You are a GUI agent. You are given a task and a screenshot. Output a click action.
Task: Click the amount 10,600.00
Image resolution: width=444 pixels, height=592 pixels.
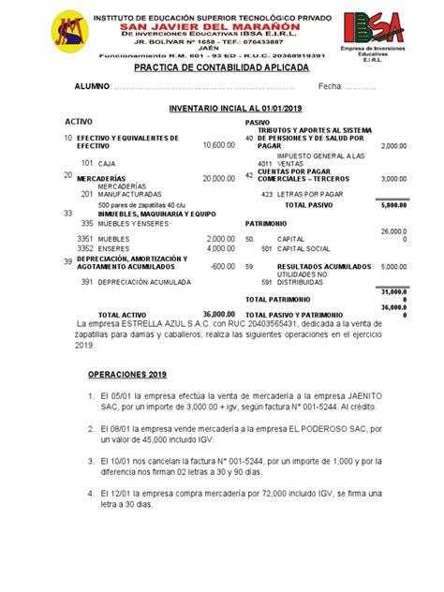pos(218,145)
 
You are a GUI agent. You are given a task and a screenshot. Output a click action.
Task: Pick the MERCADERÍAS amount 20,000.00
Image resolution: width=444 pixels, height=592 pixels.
pos(218,177)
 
